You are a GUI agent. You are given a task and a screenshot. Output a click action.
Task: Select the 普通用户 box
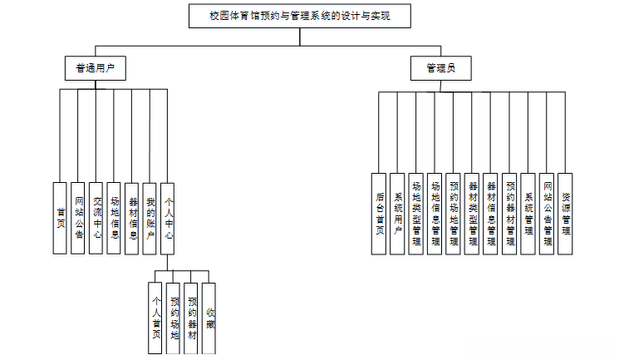[96, 68]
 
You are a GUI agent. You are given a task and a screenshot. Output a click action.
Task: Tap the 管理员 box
[442, 68]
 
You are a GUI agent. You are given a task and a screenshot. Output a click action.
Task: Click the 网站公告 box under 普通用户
[77, 217]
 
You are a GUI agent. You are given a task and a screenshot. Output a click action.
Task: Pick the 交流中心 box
[96, 217]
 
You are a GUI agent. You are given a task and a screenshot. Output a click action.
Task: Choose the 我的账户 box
[150, 217]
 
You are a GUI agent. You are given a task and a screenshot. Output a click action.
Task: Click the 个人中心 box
[168, 217]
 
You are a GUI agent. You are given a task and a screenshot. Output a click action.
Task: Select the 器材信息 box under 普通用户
[132, 217]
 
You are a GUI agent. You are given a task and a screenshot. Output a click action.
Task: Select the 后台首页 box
[379, 213]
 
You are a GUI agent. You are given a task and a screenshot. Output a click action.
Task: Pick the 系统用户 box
[398, 213]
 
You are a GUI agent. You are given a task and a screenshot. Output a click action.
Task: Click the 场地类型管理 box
[416, 213]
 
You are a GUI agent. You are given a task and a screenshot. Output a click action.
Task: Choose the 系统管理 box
[528, 213]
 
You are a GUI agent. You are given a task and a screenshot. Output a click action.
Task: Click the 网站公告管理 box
[547, 213]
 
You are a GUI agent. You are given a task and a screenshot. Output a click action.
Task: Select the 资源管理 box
[565, 213]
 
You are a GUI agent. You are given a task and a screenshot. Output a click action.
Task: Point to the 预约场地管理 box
[454, 213]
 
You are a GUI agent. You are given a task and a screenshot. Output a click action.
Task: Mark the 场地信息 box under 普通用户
[114, 217]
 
